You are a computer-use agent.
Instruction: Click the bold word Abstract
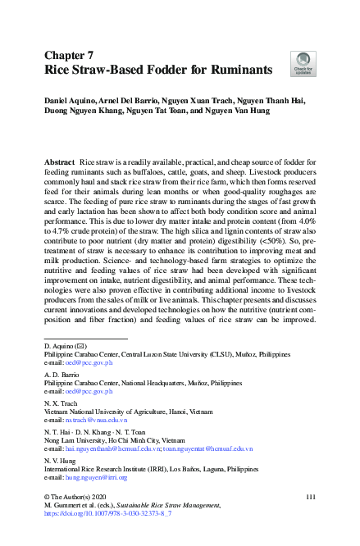[x=60, y=163]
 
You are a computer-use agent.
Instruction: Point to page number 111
[x=310, y=498]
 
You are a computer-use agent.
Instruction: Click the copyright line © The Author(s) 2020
[x=76, y=498]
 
